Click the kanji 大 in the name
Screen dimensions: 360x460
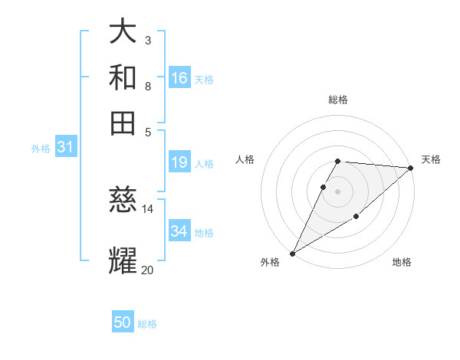(123, 33)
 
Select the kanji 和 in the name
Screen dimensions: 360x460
(123, 78)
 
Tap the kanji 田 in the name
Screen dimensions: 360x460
(123, 123)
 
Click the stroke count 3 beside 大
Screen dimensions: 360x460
(147, 41)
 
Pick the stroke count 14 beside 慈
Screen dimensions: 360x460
(148, 208)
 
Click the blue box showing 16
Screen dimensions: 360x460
(179, 78)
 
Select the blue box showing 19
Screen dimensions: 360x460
(179, 162)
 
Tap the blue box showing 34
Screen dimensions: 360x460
(179, 231)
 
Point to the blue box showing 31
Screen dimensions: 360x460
(65, 147)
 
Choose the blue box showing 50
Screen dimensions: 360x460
(123, 322)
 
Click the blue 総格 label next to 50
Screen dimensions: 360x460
(147, 324)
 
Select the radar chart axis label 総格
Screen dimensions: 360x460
(338, 100)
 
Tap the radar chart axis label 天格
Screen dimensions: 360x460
(431, 159)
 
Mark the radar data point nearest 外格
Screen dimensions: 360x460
(292, 254)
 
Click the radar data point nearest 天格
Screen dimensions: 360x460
(411, 169)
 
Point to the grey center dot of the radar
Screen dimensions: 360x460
(338, 191)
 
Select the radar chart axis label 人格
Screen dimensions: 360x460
(245, 159)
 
